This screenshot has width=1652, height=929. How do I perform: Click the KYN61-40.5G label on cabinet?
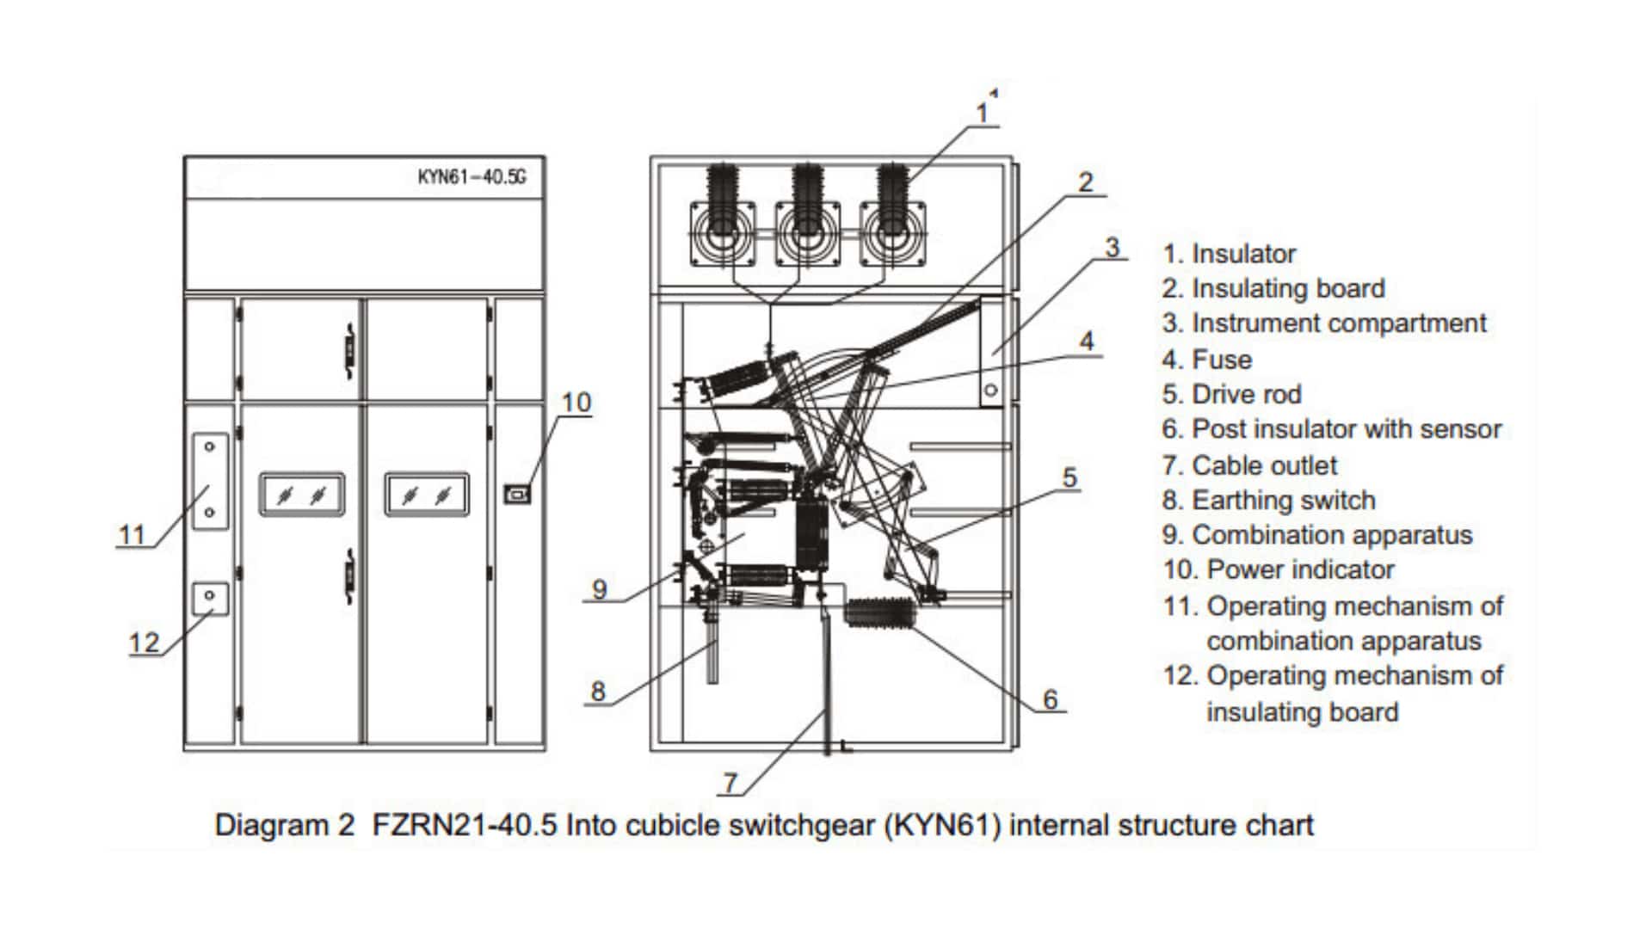(x=472, y=177)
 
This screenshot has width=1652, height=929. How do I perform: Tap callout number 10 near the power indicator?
(x=576, y=403)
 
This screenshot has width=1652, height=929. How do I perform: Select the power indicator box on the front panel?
(x=516, y=494)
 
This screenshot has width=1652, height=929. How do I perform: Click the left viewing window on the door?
(x=302, y=495)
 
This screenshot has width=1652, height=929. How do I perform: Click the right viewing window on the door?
(x=427, y=495)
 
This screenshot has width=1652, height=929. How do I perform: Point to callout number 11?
(x=132, y=535)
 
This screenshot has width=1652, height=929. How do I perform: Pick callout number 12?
(x=144, y=643)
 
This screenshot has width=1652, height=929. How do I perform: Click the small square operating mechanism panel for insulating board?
(x=210, y=598)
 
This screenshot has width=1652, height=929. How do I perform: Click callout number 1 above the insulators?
(x=983, y=113)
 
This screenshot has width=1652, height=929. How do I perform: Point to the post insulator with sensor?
(x=878, y=614)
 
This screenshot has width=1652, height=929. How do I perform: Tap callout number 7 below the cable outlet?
(x=730, y=783)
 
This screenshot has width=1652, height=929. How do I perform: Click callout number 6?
(x=1050, y=699)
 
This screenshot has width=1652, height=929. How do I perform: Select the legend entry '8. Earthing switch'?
(x=1268, y=500)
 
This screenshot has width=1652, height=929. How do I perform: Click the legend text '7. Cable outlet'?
(x=1249, y=465)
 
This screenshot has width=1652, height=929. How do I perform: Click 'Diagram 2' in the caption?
(x=284, y=825)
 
